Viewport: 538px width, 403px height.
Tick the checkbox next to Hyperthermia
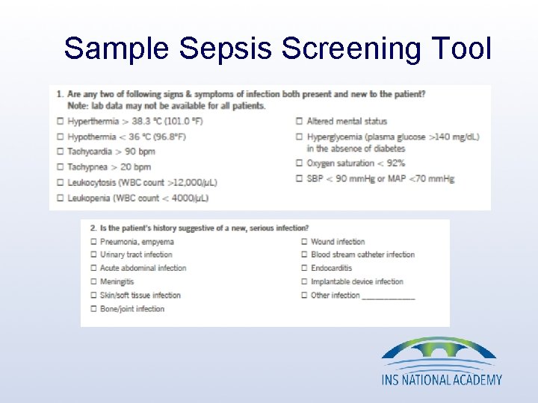(x=60, y=121)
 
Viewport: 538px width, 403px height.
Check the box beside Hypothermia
(x=60, y=137)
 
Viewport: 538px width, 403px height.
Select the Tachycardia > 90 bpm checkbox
(x=60, y=152)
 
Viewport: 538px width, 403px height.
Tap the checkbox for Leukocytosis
(x=60, y=183)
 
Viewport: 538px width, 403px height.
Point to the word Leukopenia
(x=87, y=198)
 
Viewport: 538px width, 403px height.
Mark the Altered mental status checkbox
(x=300, y=121)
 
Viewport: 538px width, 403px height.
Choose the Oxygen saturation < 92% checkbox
(x=300, y=163)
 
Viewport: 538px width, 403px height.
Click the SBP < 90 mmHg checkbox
(x=300, y=179)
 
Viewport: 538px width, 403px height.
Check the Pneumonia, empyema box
(x=93, y=242)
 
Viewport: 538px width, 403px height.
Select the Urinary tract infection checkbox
(x=93, y=254)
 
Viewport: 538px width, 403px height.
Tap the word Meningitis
(x=117, y=281)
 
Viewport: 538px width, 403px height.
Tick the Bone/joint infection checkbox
(x=93, y=309)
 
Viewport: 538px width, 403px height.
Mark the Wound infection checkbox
(x=304, y=242)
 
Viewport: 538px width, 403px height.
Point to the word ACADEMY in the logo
(x=473, y=379)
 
